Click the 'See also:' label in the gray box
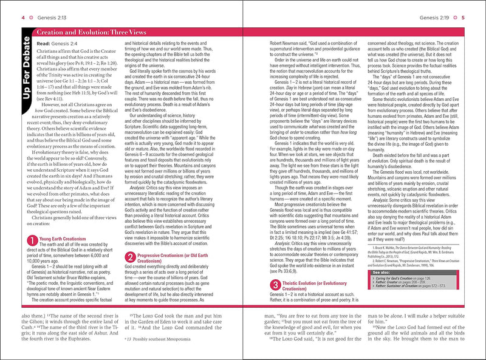[381, 273]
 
